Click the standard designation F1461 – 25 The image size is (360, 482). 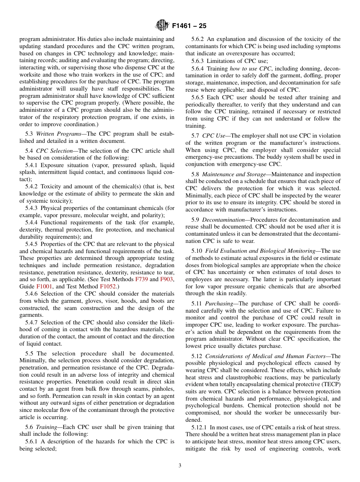point(189,26)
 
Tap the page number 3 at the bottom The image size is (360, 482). point(180,466)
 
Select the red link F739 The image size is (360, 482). point(142,279)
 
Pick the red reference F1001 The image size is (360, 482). point(44,286)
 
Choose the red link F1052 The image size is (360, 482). point(108,286)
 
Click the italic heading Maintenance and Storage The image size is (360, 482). point(234,174)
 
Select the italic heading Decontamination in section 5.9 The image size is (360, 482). point(223,220)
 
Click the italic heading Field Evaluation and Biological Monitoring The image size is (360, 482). point(260,251)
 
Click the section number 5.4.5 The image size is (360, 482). point(34,244)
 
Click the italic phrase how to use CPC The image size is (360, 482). point(250,68)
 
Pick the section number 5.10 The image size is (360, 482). point(197,251)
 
